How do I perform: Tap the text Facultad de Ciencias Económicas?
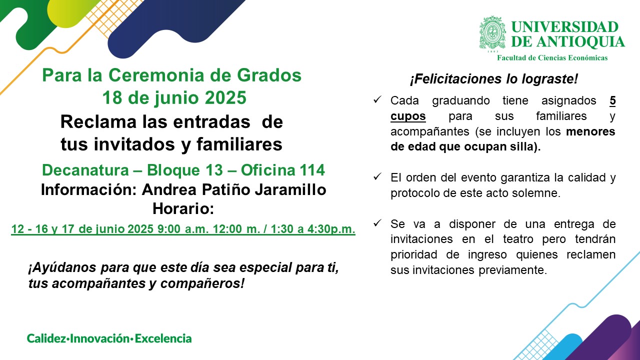click(552, 57)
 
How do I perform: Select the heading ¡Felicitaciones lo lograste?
click(494, 79)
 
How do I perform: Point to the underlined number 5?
click(612, 101)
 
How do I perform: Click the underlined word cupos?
click(408, 116)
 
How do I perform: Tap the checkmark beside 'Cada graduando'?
click(377, 99)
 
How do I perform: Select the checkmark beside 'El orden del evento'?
click(377, 176)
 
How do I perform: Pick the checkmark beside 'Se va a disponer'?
click(377, 223)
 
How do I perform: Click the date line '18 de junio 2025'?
click(174, 97)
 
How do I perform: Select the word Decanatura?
click(85, 170)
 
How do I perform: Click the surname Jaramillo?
click(290, 189)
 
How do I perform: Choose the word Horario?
click(183, 208)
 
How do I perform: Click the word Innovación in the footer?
click(100, 338)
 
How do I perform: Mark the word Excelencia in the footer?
click(163, 338)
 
